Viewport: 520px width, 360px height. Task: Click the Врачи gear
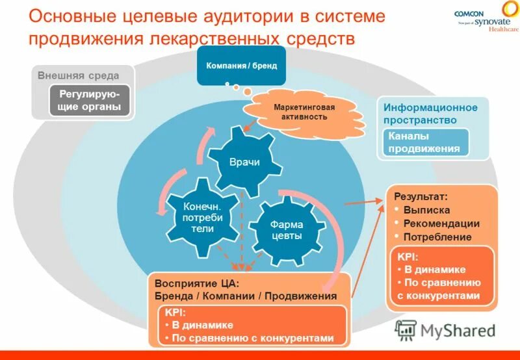point(244,162)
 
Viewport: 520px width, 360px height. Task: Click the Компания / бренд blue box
point(241,66)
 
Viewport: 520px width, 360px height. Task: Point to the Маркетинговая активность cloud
point(296,112)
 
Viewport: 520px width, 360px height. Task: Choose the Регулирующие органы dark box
point(89,101)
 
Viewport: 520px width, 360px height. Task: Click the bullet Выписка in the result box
point(426,210)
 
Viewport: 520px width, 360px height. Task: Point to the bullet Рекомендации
point(441,224)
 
